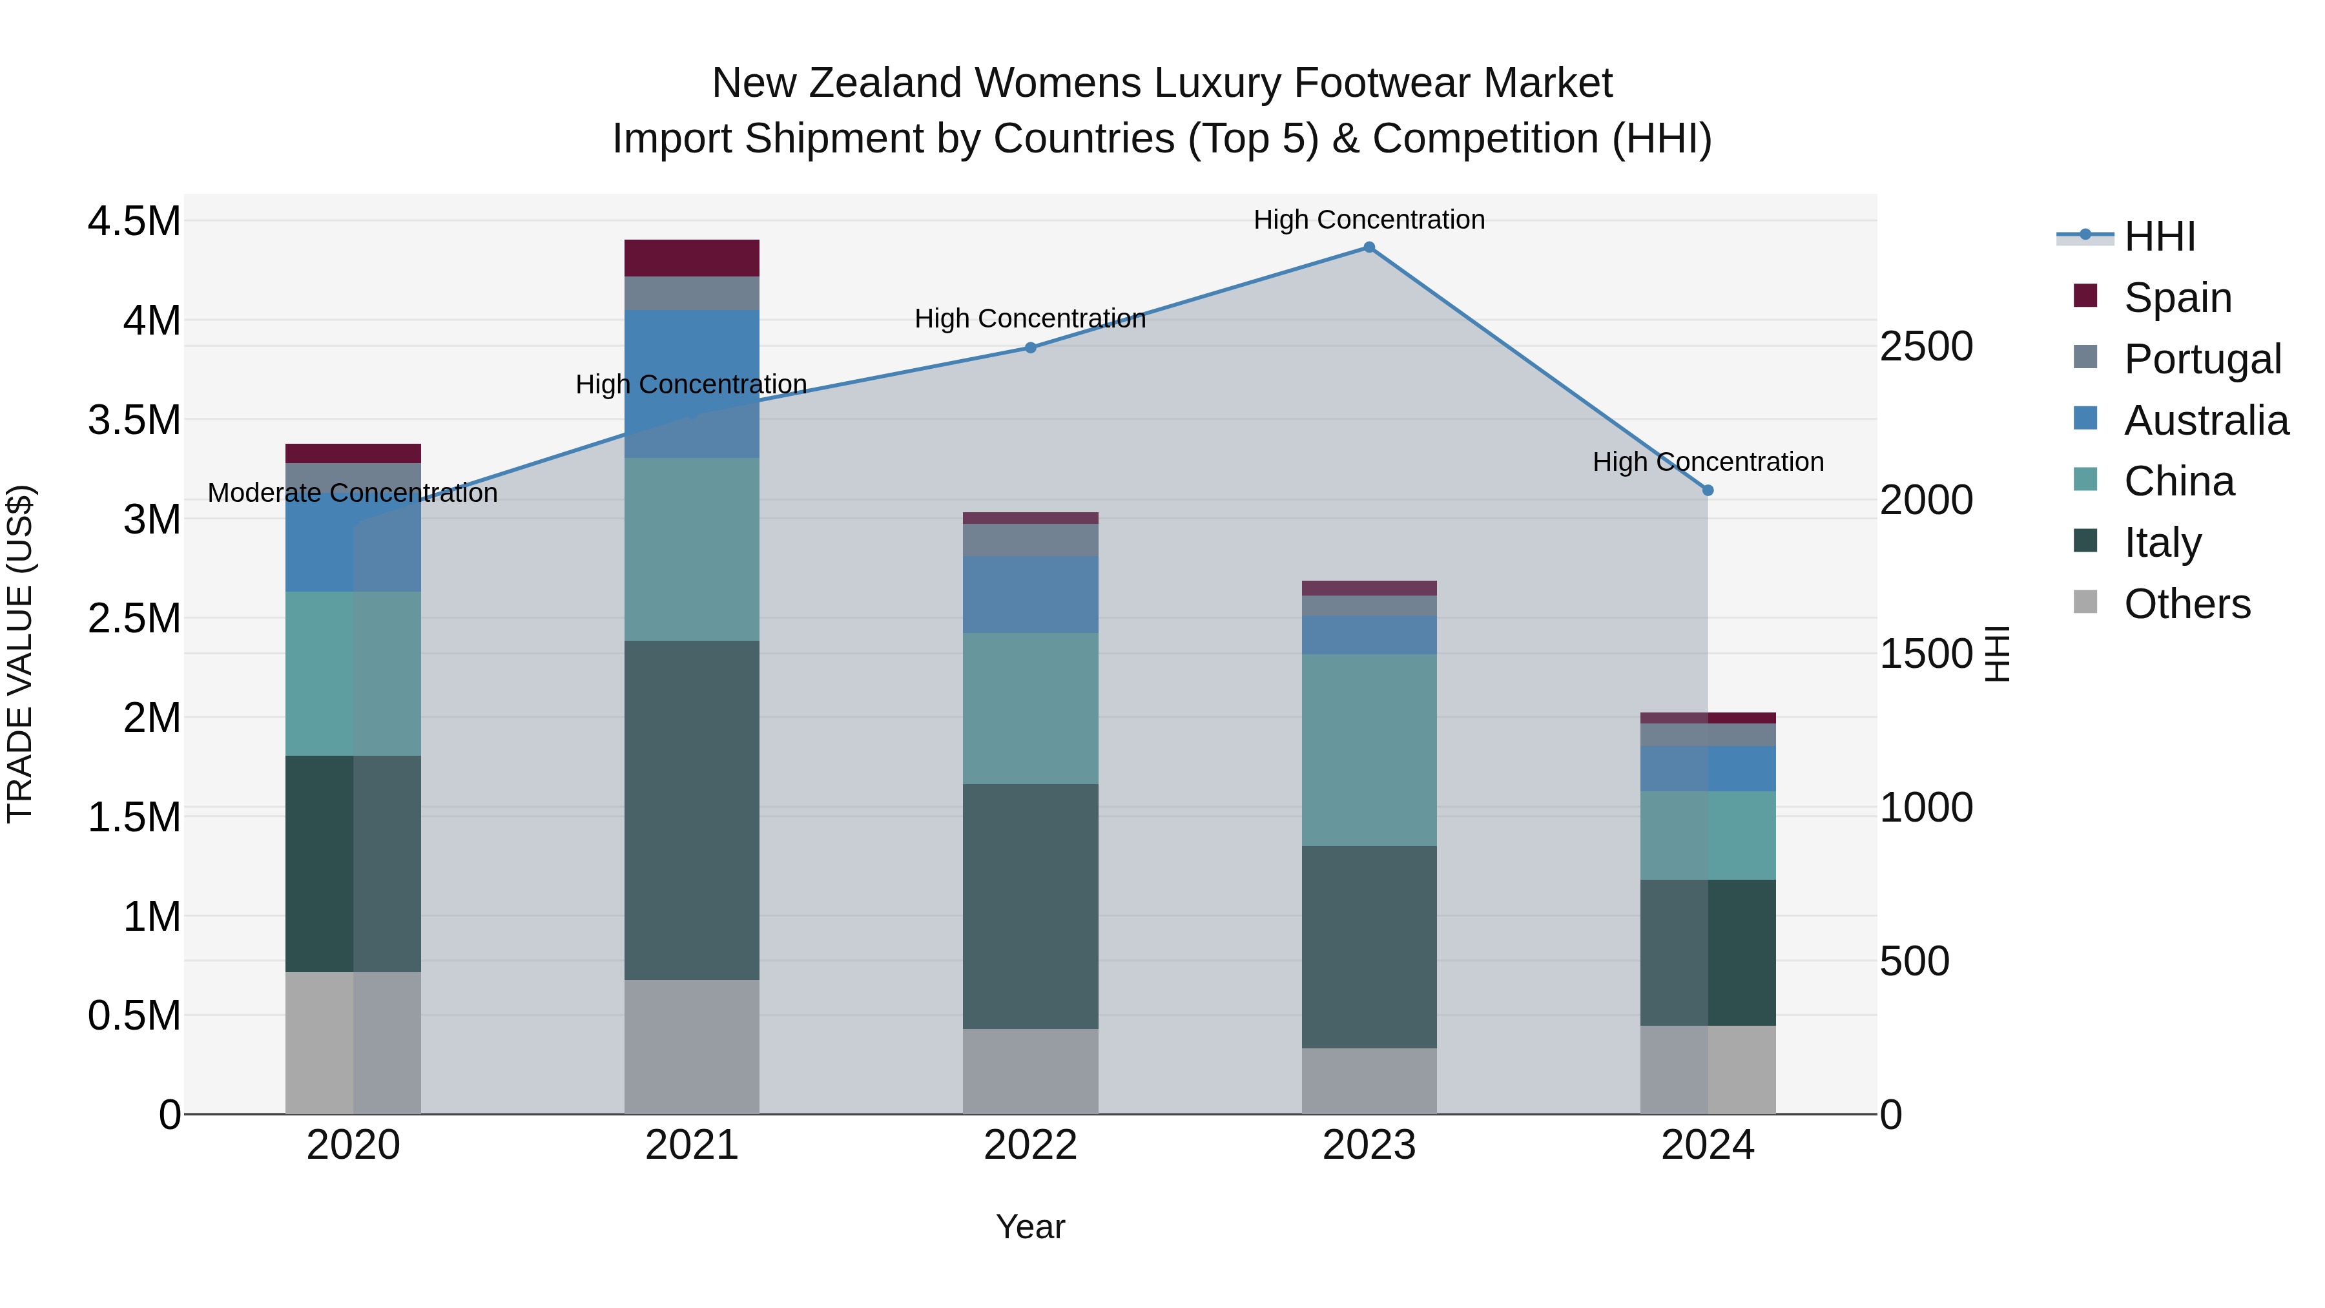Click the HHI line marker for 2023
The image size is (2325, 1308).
tap(1369, 247)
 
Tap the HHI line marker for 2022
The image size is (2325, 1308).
tap(1030, 348)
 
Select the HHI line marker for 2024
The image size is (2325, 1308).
tap(1707, 490)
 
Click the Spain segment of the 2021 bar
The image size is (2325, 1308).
tap(691, 258)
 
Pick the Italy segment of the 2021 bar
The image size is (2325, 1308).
tap(691, 810)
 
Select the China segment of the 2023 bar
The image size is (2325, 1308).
tap(1369, 749)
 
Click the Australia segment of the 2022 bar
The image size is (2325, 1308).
tap(1030, 594)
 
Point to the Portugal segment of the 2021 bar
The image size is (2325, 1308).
tap(691, 293)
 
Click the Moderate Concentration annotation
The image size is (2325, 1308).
tap(352, 493)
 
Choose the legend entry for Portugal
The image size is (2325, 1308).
tap(2202, 359)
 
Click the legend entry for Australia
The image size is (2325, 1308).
tap(2206, 420)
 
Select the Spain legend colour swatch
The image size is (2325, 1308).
tap(2085, 296)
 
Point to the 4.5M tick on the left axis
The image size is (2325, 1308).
tap(134, 221)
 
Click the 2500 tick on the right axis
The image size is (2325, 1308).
tap(1926, 347)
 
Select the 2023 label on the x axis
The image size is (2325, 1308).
tap(1369, 1145)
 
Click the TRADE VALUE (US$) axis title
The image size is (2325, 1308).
tap(20, 654)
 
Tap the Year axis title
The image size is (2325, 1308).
tap(1030, 1227)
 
